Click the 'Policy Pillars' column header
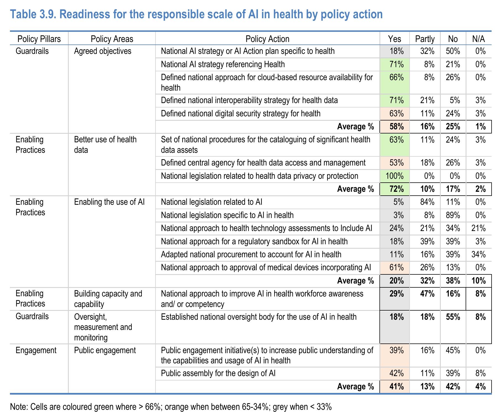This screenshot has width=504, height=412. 39,39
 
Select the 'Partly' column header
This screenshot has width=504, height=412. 425,39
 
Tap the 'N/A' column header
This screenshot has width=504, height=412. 479,39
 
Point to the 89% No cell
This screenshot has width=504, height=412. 453,215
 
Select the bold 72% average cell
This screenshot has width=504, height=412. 397,189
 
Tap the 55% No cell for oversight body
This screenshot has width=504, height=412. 453,317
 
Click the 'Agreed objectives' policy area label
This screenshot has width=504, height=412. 103,51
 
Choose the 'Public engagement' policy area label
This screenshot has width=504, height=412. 105,350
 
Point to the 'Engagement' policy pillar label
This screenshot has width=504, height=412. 36,350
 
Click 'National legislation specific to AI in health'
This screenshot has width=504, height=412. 227,215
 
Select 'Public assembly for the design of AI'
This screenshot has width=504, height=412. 218,373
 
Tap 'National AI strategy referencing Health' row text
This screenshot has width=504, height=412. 223,64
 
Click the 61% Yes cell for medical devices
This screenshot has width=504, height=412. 397,267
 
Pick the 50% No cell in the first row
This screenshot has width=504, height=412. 453,51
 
